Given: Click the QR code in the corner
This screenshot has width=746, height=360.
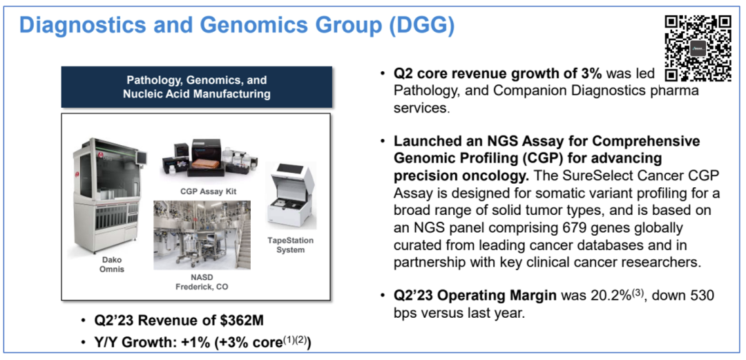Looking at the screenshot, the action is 698,48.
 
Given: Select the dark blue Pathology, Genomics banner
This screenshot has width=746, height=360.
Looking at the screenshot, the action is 196,86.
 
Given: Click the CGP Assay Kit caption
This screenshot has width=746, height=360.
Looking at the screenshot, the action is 209,191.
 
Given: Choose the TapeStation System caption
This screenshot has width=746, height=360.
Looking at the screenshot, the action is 290,245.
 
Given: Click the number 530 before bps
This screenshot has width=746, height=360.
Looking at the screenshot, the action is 702,296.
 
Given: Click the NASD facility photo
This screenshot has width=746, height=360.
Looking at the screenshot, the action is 202,235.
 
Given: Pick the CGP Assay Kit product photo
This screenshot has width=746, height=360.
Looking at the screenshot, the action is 207,158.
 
